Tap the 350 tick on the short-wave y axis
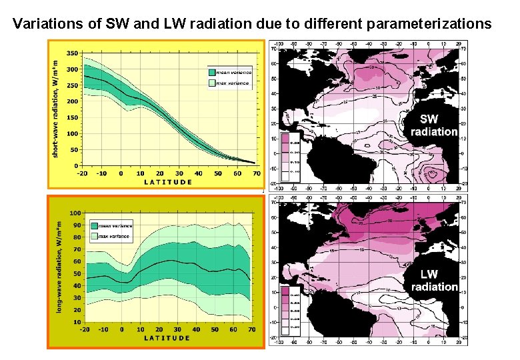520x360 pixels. [72, 53]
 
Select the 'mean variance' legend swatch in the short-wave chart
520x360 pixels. [211, 73]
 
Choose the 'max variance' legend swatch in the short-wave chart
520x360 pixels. [211, 83]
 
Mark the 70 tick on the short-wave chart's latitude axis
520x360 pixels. [256, 173]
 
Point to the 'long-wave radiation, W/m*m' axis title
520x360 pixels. [59, 269]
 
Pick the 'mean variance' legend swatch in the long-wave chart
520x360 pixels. [94, 225]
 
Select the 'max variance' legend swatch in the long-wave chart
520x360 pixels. [94, 235]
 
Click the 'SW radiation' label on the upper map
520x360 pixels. [433, 125]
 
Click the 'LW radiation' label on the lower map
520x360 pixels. [434, 280]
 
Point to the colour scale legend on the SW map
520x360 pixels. [291, 157]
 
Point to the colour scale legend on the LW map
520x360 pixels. [291, 311]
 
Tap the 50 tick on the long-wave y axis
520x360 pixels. [77, 273]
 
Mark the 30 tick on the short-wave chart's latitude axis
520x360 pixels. [179, 173]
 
